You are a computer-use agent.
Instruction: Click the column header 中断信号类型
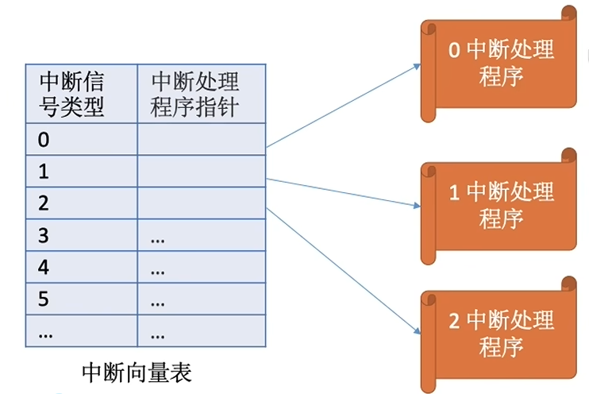[x=72, y=94]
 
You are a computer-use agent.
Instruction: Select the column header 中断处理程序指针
[x=194, y=94]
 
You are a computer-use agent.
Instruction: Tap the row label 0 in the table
[x=44, y=140]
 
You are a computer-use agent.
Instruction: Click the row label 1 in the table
[x=44, y=171]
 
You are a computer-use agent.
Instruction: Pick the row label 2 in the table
[x=44, y=203]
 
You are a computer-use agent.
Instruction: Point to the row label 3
[x=44, y=235]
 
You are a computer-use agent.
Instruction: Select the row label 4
[x=44, y=268]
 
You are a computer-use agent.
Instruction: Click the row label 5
[x=44, y=299]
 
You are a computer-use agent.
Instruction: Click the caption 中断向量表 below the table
[x=137, y=371]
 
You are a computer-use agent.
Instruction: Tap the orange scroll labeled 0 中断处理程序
[x=500, y=64]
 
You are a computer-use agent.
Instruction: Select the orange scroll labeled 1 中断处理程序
[x=500, y=205]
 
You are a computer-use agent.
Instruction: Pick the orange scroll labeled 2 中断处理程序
[x=500, y=334]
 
